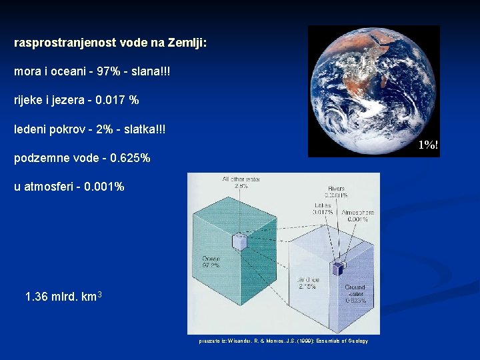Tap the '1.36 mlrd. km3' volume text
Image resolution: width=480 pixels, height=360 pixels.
(63, 296)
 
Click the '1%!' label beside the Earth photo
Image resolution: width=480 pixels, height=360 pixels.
(428, 145)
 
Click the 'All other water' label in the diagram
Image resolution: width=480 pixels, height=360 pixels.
(241, 179)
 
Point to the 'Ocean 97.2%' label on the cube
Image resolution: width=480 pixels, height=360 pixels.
(211, 261)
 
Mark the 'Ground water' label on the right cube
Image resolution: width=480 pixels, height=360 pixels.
(355, 292)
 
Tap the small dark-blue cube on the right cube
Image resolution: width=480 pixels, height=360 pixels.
(338, 268)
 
